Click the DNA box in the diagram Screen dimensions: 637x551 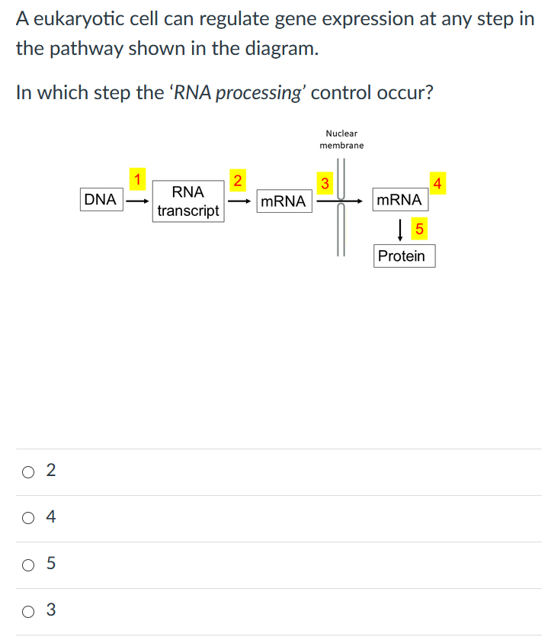(x=100, y=200)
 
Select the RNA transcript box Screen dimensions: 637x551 (x=187, y=201)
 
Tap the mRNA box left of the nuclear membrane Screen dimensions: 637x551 (x=283, y=201)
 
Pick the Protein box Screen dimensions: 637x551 (x=402, y=256)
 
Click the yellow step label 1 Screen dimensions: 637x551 (x=137, y=180)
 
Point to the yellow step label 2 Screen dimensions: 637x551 (x=237, y=181)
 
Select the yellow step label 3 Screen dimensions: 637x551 (x=325, y=183)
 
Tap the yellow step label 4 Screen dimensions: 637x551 (x=437, y=183)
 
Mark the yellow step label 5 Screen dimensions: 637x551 (x=418, y=227)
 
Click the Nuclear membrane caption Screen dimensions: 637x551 (x=341, y=140)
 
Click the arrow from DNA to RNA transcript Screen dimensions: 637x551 (x=137, y=202)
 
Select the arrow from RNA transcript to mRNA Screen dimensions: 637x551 (x=239, y=202)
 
